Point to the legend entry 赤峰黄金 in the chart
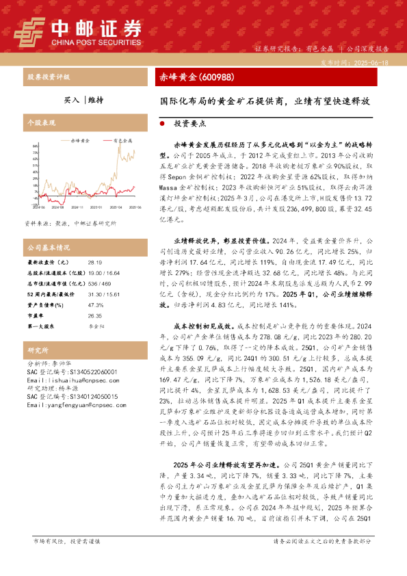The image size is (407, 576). point(80,139)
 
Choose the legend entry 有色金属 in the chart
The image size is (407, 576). point(124,139)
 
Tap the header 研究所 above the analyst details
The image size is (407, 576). point(37,350)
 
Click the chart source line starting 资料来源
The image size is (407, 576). point(61,223)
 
